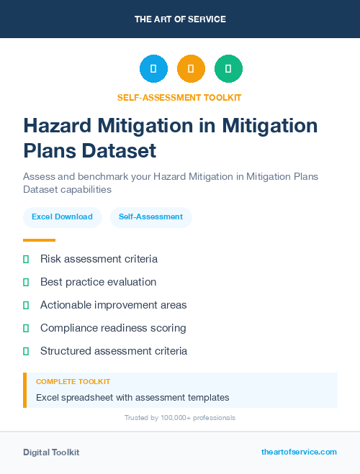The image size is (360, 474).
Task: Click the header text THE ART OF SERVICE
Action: coord(180,19)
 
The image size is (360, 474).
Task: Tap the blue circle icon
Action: coord(153,69)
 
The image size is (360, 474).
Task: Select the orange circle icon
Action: coord(191,69)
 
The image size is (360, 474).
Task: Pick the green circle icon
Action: coord(228,69)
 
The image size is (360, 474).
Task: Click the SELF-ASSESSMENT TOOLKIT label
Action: coord(180,97)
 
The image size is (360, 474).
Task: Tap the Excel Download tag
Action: coord(62,217)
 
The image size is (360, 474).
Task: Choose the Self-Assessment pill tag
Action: coord(150,217)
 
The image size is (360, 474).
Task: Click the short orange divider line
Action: coord(39,240)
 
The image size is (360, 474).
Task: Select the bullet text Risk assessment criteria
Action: coord(99,259)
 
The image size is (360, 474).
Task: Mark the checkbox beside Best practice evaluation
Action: coord(26,282)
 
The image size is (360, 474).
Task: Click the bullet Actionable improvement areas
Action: coord(113,305)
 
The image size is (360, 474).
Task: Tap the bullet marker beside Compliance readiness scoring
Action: coord(26,328)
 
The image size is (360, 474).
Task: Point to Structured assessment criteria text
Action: coord(114,351)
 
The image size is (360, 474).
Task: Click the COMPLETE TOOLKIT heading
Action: coord(73,382)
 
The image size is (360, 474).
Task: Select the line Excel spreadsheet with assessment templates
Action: coord(132,397)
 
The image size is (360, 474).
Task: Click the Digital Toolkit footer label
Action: coord(51,452)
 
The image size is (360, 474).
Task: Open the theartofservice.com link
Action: coord(299,452)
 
